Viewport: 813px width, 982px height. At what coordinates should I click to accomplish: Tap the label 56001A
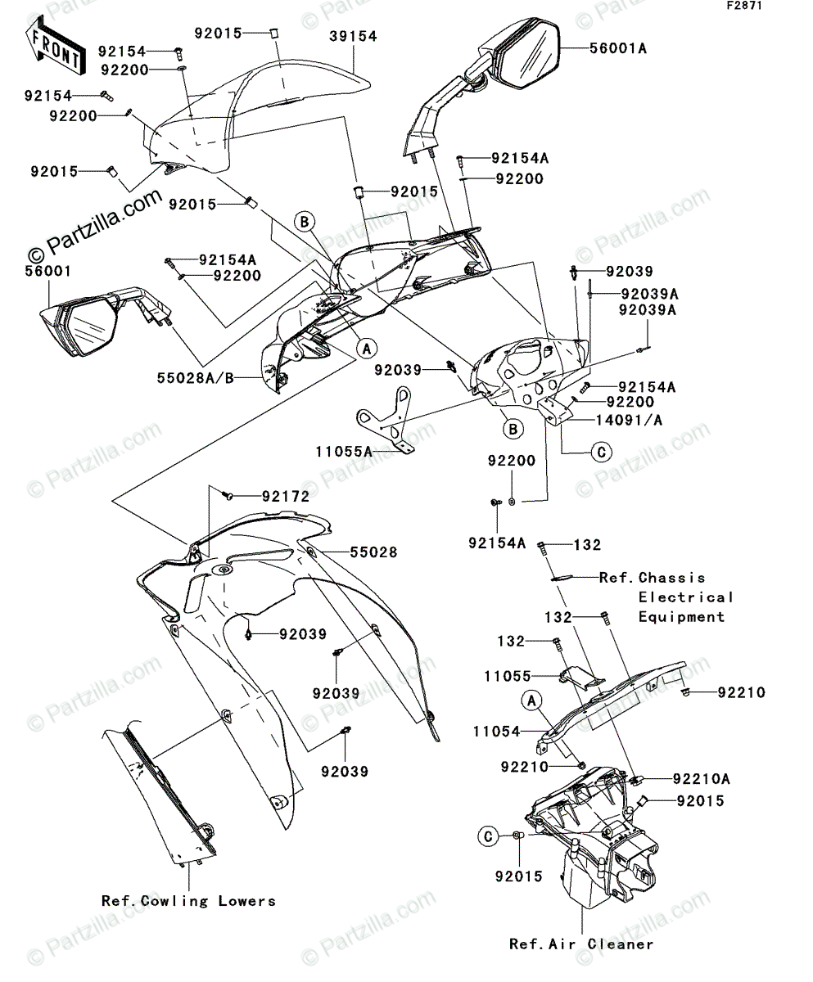(x=618, y=48)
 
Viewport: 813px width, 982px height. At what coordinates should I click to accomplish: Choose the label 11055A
(x=345, y=450)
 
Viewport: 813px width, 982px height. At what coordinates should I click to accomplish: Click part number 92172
(x=286, y=496)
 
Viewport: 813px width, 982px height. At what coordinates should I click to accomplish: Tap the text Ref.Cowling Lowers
(x=188, y=900)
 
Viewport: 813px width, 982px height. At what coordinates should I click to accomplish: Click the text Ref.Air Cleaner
(x=580, y=944)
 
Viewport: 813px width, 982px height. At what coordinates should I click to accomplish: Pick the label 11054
(x=496, y=731)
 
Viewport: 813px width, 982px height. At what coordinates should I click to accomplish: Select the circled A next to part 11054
(x=531, y=700)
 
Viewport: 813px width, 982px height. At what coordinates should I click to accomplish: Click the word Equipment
(x=682, y=617)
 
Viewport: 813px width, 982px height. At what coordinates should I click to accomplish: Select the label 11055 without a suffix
(x=507, y=676)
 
